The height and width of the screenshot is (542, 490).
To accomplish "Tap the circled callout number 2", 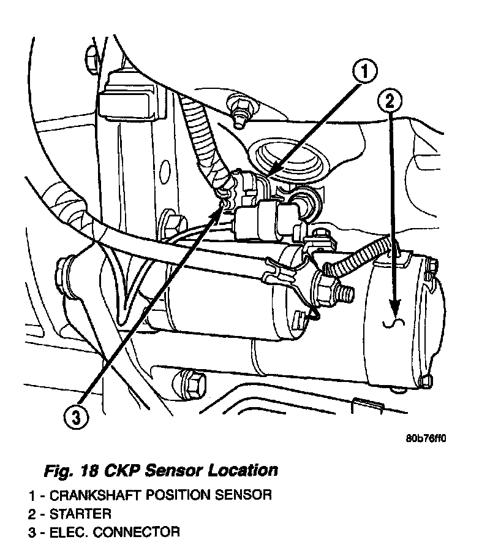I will [x=391, y=99].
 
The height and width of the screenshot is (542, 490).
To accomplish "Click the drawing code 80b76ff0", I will [x=426, y=438].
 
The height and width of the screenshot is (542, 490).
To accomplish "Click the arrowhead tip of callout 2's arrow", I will [x=396, y=310].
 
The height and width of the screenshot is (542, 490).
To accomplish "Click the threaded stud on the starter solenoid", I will [x=345, y=291].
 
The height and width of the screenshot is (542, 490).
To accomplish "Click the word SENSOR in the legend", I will [x=247, y=495].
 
